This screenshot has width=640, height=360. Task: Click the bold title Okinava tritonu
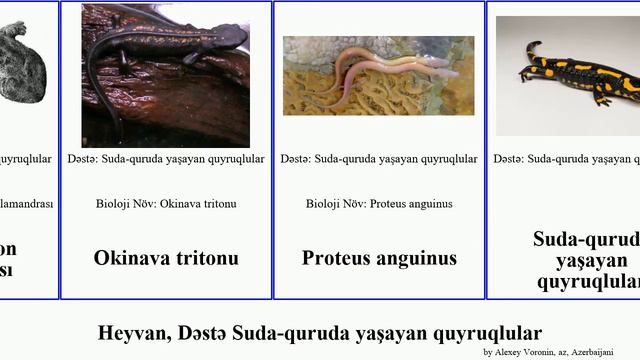tap(166, 258)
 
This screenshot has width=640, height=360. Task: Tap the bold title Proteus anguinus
tap(379, 258)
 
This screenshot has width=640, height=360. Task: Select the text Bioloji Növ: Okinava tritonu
tap(166, 204)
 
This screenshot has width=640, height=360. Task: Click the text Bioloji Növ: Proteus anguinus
tap(379, 204)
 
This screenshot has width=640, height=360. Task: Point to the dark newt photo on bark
tap(166, 76)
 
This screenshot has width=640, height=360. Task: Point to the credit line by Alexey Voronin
tap(556, 352)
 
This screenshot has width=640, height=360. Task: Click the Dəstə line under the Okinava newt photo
tap(166, 159)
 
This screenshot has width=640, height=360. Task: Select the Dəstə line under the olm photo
tap(379, 159)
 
